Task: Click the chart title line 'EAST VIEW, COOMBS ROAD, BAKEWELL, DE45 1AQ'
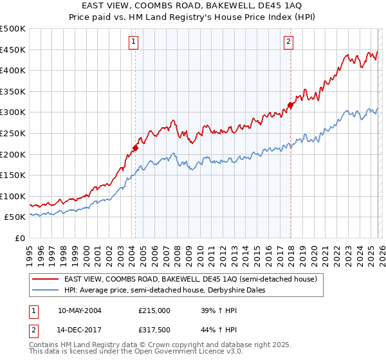click(x=193, y=6)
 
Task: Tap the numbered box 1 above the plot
click(x=133, y=42)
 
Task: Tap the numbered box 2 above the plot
click(x=288, y=42)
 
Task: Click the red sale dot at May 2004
click(x=135, y=148)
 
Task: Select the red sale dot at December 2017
click(x=290, y=105)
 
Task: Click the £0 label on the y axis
click(x=21, y=238)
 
